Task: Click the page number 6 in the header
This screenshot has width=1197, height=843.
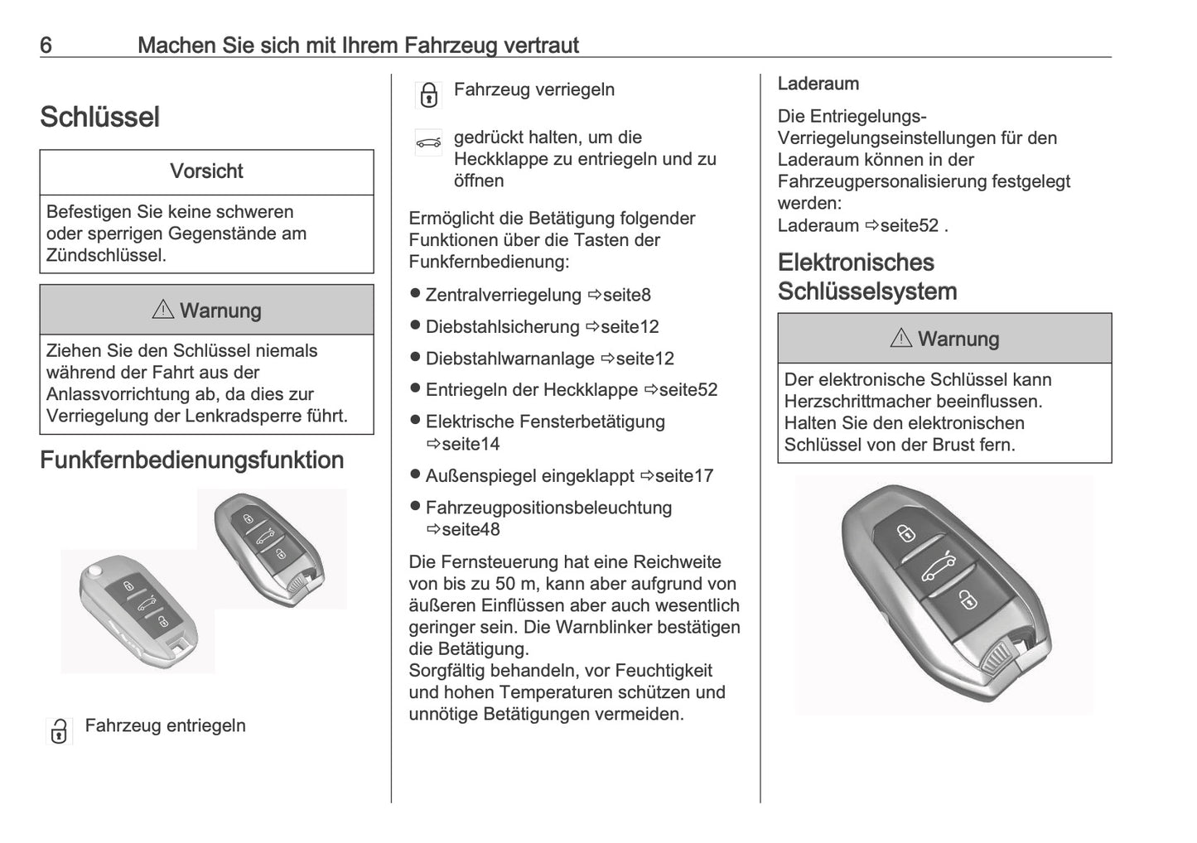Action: pyautogui.click(x=46, y=45)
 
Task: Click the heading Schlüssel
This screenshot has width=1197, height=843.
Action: pyautogui.click(x=99, y=117)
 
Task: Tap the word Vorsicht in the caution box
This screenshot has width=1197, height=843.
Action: pyautogui.click(x=206, y=171)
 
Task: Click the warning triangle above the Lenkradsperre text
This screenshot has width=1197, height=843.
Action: pyautogui.click(x=162, y=310)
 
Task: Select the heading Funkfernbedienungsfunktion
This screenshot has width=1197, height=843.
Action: pyautogui.click(x=191, y=460)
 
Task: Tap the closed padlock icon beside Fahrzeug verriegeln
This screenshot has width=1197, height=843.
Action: pyautogui.click(x=428, y=95)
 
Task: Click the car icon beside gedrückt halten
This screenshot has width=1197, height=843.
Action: pyautogui.click(x=428, y=142)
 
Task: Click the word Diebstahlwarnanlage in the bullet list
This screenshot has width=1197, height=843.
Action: pyautogui.click(x=509, y=359)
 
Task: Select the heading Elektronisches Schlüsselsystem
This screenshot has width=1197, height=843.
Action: pyautogui.click(x=866, y=277)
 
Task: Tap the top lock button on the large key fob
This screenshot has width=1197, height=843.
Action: pyautogui.click(x=906, y=531)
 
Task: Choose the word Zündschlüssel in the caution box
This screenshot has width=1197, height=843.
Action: pyautogui.click(x=106, y=255)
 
